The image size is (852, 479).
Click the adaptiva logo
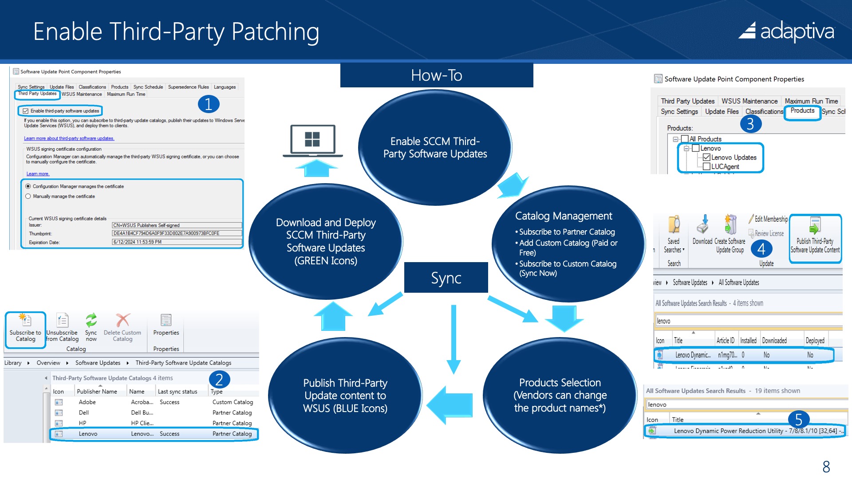(786, 31)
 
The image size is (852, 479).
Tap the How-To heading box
(436, 75)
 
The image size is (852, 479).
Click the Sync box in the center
(446, 278)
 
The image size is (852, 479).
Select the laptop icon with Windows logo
(312, 141)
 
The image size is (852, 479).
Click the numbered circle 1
(208, 104)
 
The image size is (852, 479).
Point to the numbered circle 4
(761, 249)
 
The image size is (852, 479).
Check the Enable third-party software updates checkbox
(26, 111)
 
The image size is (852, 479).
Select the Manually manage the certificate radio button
(28, 196)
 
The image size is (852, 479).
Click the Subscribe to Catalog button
(25, 329)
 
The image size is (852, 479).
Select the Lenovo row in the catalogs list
(153, 434)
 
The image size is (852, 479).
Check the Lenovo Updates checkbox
(706, 157)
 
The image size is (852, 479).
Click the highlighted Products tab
(802, 111)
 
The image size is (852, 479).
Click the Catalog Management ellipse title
(564, 216)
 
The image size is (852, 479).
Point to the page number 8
(826, 467)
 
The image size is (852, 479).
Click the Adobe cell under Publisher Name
(87, 402)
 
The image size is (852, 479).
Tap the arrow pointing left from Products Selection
(449, 404)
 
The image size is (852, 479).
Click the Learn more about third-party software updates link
(69, 138)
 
